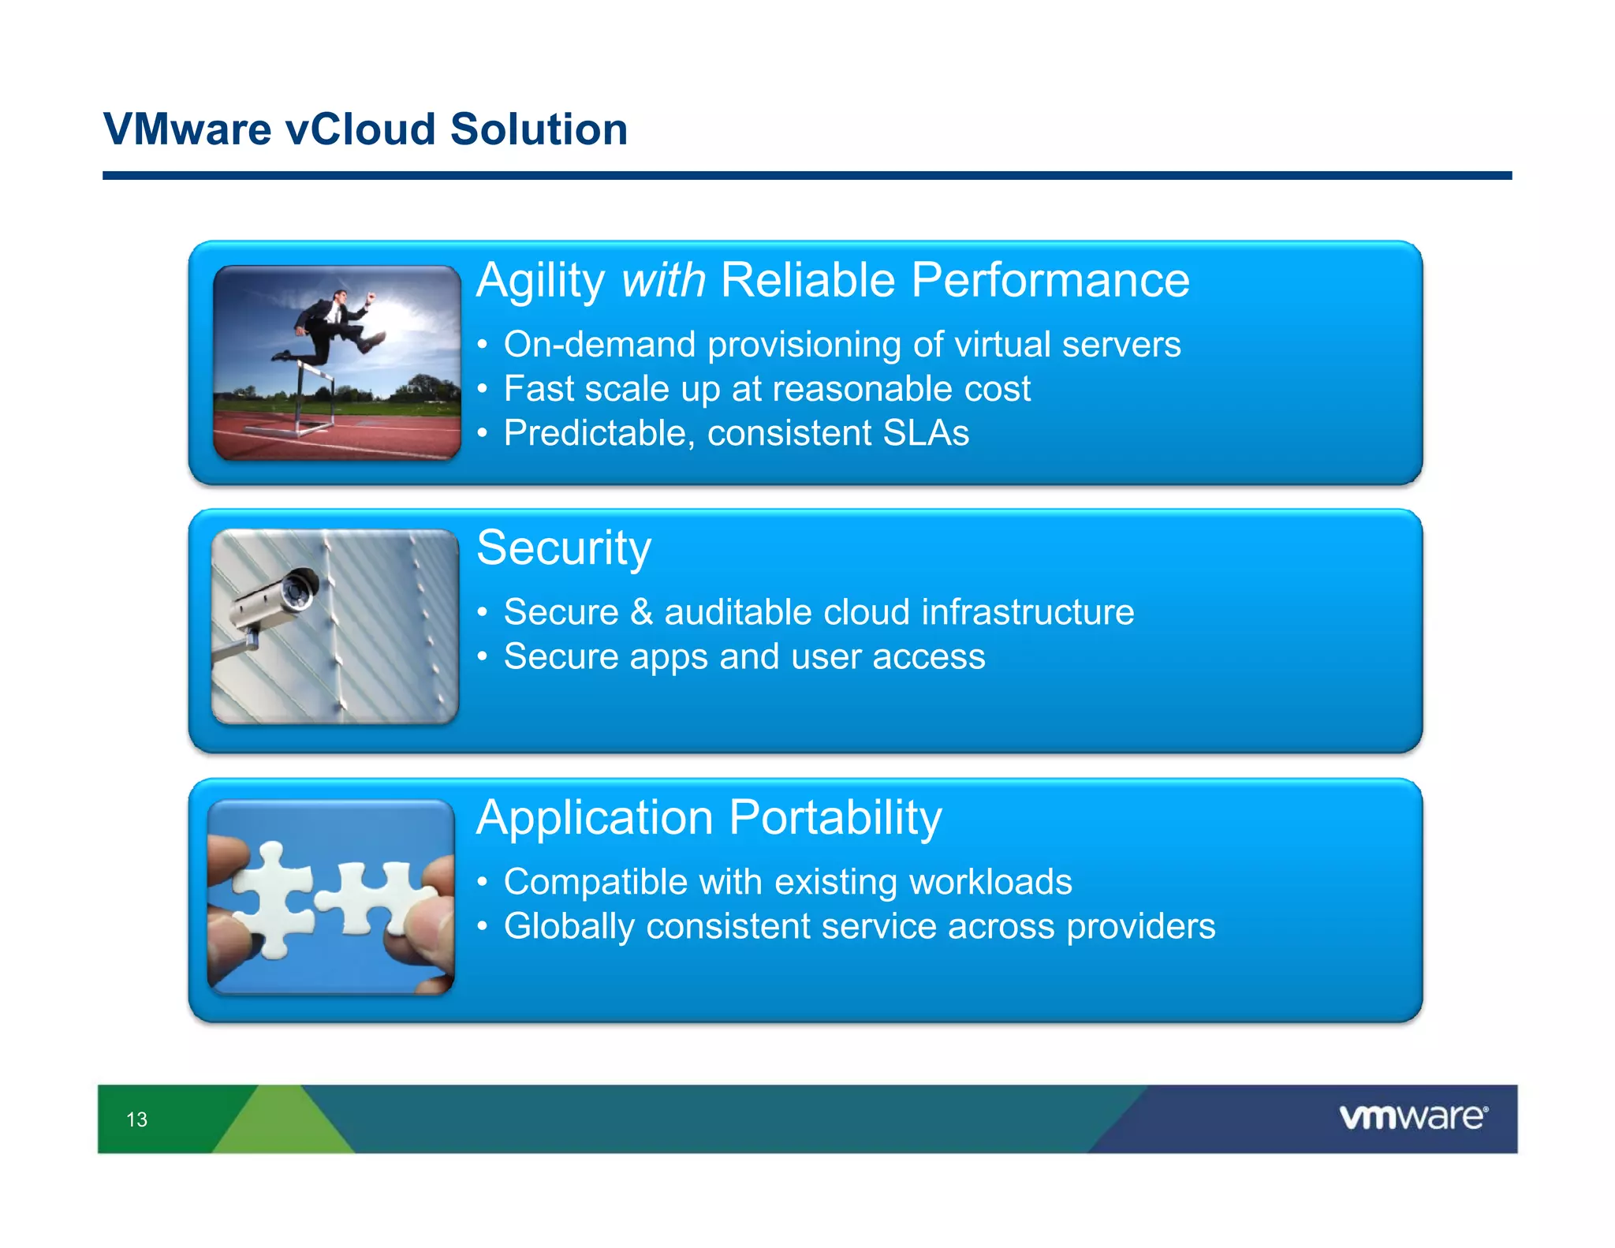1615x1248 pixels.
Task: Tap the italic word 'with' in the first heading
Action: point(662,281)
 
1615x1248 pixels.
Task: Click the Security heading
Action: point(564,548)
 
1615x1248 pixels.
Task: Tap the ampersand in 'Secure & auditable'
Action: point(641,613)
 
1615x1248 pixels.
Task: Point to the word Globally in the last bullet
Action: point(569,927)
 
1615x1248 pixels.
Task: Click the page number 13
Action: point(136,1119)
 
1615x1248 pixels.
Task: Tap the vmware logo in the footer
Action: point(1412,1118)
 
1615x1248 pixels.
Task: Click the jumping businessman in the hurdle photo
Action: point(335,327)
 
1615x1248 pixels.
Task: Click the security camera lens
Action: point(299,591)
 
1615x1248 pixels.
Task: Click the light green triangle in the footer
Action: point(282,1124)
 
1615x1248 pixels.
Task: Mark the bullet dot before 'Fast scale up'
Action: point(482,390)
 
